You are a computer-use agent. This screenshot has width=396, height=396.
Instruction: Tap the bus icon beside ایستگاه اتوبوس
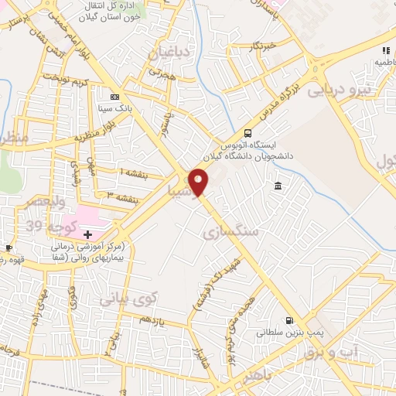[247, 132]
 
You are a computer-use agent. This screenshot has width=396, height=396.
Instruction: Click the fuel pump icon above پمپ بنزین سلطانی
[289, 320]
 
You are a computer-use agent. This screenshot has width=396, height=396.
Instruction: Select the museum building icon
[278, 185]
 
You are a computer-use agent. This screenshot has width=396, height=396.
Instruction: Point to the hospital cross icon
[87, 234]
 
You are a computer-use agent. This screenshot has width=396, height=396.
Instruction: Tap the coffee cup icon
[9, 247]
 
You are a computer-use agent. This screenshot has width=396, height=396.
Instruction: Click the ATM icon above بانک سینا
[115, 97]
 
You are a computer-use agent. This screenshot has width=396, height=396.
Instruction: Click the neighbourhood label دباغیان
[169, 53]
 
